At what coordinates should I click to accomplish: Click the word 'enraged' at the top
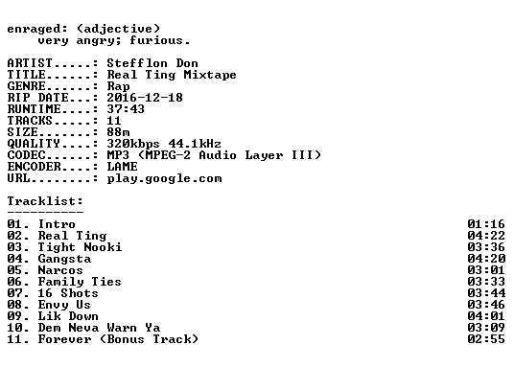[34, 29]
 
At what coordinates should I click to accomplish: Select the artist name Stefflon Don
[152, 63]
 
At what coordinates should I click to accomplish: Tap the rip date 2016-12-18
[145, 98]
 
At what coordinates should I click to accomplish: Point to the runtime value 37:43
[126, 109]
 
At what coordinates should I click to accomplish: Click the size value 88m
[118, 131]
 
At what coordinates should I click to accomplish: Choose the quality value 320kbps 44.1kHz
[164, 144]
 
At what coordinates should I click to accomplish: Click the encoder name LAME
[122, 167]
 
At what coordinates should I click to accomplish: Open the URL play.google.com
[164, 178]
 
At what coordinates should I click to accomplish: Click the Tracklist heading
[45, 201]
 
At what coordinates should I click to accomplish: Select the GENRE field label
[26, 86]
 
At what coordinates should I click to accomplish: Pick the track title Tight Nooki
[80, 247]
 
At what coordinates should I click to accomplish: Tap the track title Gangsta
[64, 259]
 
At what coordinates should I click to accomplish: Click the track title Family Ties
[80, 282]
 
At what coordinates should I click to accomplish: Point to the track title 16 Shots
[68, 293]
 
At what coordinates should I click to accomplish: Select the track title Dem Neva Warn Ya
[99, 328]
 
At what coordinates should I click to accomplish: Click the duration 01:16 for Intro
[486, 224]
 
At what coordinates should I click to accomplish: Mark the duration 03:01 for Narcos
[486, 270]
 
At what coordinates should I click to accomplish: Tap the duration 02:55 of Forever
[486, 339]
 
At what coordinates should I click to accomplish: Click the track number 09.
[14, 316]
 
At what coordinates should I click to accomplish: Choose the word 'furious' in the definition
[156, 40]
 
